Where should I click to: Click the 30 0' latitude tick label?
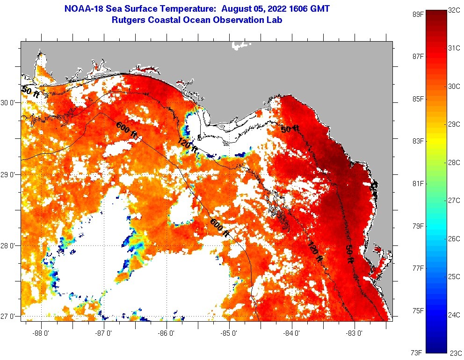click(x=9, y=103)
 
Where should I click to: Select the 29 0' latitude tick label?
click(x=9, y=174)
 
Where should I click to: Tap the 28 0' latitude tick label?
click(x=9, y=245)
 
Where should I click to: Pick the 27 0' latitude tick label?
click(x=9, y=317)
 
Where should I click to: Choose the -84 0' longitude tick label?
click(x=291, y=333)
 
